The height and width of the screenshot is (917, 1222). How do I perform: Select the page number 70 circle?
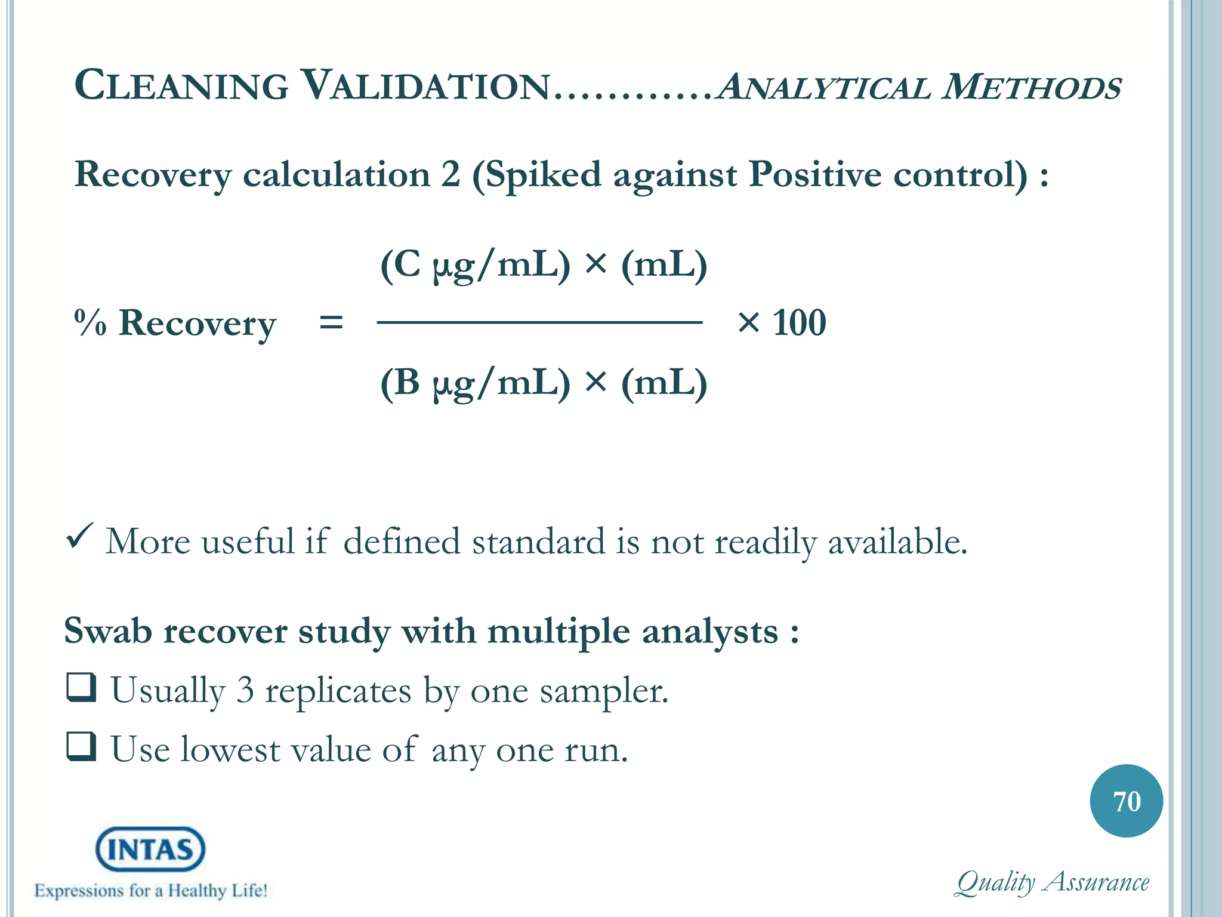point(1126,801)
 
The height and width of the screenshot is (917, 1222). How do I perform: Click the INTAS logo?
point(150,849)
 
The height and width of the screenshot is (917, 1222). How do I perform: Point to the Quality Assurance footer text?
point(1052,882)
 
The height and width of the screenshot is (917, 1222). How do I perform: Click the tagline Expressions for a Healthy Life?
point(150,890)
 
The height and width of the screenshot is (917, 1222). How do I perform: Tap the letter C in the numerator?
point(408,264)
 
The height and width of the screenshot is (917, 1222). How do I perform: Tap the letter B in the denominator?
point(408,382)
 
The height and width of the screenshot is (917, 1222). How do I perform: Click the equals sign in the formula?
point(331,323)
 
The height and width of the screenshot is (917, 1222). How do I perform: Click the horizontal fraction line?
point(539,322)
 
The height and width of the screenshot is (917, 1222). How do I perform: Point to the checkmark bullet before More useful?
point(79,535)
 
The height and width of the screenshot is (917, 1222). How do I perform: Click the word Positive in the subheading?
point(814,174)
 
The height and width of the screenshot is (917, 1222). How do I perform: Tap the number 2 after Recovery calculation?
point(451,174)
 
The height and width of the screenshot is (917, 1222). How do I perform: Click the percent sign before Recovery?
point(90,323)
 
